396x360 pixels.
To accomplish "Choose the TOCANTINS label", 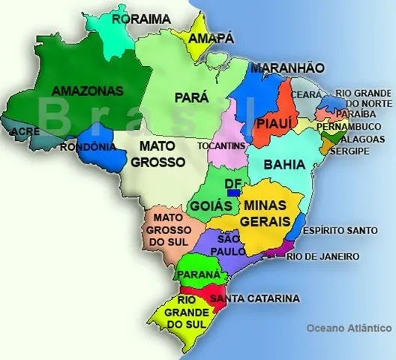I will (221, 145).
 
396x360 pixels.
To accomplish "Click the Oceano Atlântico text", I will (349, 328).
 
